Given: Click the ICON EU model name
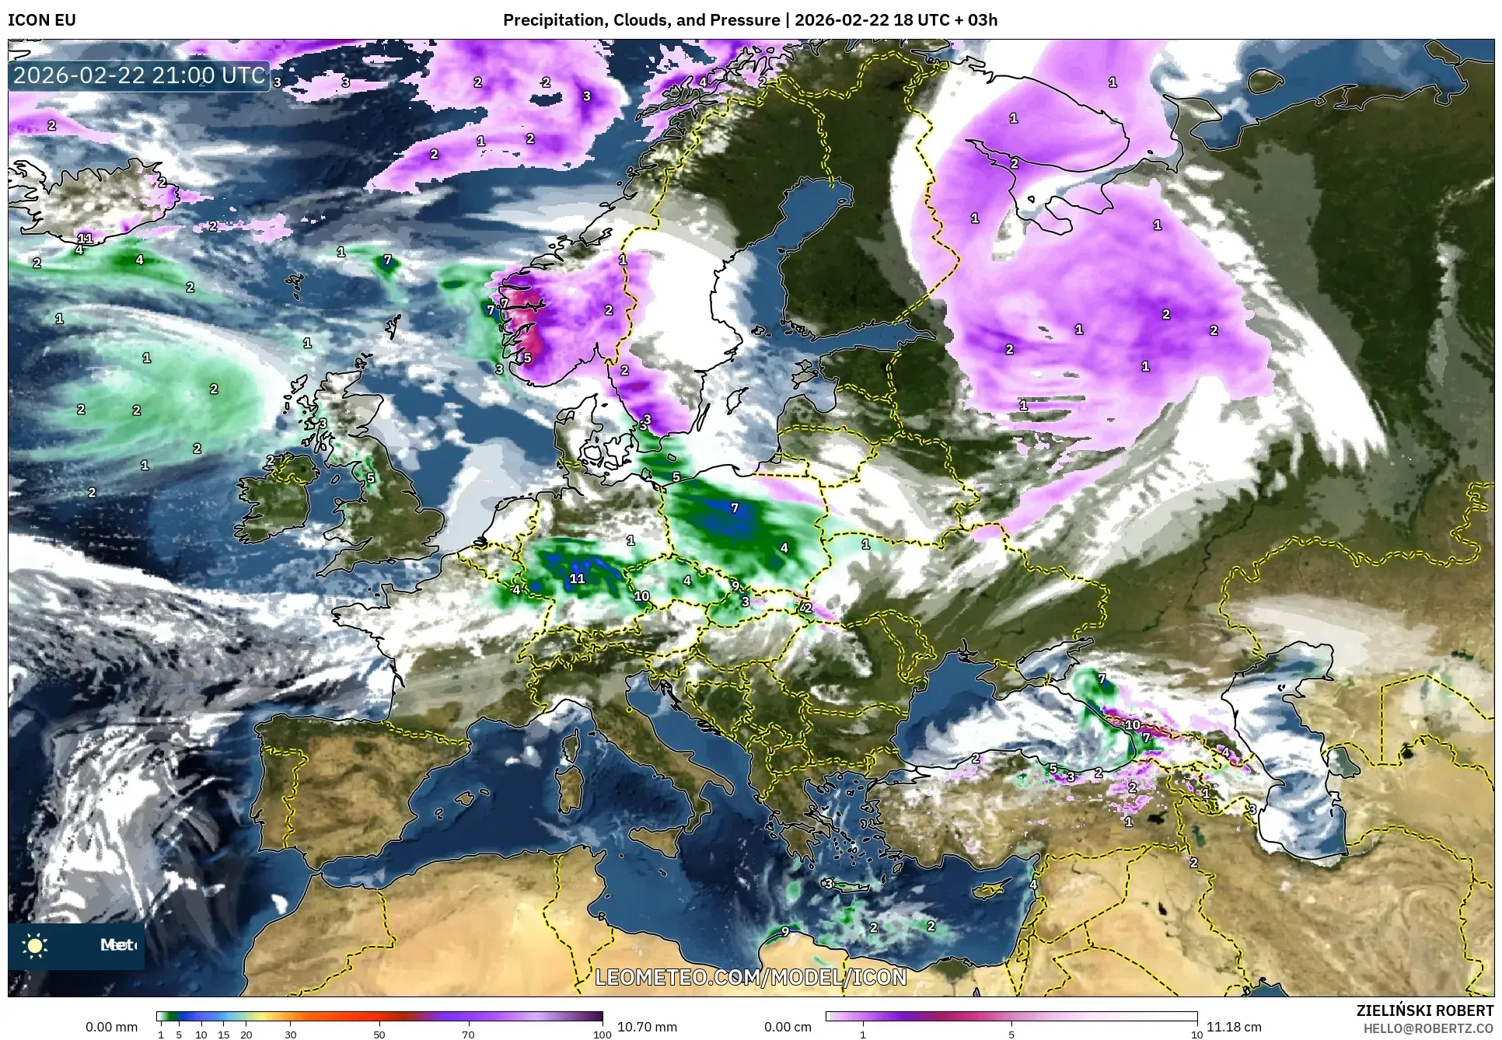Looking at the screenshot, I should point(42,19).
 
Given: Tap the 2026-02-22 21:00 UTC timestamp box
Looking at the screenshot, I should point(139,75).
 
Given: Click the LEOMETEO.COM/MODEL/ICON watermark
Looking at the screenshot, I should point(750,976).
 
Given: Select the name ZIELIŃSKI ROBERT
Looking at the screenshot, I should point(1424,1010).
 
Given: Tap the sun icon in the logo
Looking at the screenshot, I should point(35,945).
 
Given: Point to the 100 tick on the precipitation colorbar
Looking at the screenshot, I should point(602,1035).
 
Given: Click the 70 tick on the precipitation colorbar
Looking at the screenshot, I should point(468,1035).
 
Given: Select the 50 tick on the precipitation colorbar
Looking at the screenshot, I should point(379,1035).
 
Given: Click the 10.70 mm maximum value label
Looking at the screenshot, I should point(647,1027).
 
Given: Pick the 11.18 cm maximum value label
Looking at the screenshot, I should point(1234,1027).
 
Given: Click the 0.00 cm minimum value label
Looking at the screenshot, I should point(788,1027).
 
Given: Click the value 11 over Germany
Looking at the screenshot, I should point(577,578).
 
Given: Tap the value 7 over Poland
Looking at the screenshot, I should point(735,508).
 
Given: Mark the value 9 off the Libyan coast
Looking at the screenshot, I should point(785,931).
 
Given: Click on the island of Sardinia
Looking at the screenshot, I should point(570,785).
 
